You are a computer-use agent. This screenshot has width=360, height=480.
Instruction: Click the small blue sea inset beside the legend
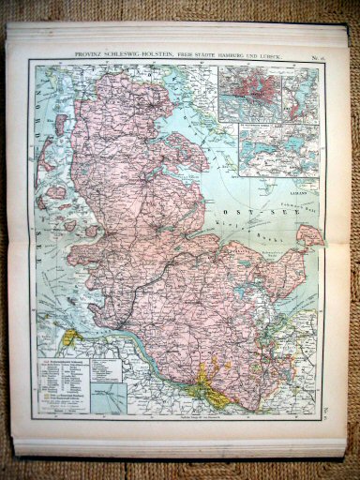point(111,394)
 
